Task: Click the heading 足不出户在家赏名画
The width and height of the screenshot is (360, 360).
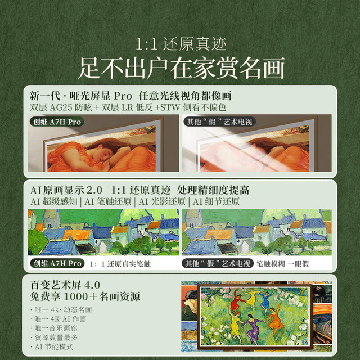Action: (181, 68)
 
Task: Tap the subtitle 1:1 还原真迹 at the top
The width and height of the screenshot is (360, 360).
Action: (181, 44)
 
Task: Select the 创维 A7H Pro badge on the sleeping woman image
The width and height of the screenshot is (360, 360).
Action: (57, 121)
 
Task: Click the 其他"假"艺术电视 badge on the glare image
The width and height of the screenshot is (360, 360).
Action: (219, 121)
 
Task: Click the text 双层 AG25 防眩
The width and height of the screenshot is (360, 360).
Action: (61, 107)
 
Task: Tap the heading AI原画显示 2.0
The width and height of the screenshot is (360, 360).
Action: (66, 190)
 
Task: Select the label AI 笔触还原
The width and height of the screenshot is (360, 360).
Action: (108, 201)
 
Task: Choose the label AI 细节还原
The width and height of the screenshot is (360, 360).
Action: (216, 201)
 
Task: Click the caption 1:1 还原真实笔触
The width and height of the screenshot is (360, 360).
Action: (120, 264)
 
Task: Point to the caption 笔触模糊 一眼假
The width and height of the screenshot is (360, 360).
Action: (282, 264)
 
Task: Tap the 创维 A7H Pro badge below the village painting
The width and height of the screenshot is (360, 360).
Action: (57, 263)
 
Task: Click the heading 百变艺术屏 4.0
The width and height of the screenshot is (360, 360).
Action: (65, 285)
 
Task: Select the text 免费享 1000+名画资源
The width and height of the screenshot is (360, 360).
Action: (85, 296)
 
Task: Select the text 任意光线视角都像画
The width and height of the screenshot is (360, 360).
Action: (185, 96)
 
